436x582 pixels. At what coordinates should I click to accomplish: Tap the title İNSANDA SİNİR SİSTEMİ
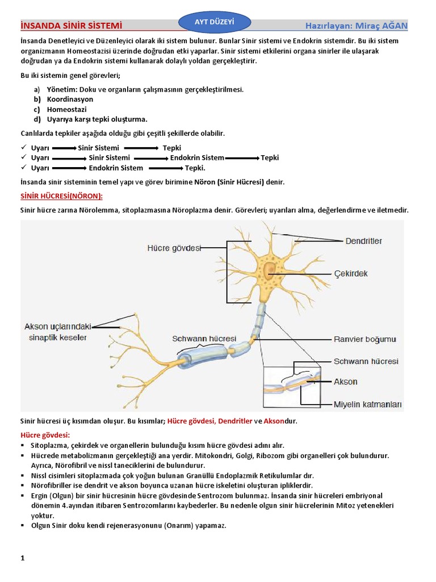point(70,26)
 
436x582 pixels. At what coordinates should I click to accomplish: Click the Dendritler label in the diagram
point(364,241)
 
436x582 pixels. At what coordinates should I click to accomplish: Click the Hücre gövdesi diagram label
point(174,248)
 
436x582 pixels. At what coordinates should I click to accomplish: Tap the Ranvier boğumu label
point(364,339)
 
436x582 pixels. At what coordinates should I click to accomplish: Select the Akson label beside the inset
point(345,382)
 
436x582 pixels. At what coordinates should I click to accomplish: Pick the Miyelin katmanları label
point(367,405)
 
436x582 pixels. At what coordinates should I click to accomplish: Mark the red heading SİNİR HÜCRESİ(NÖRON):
point(62,196)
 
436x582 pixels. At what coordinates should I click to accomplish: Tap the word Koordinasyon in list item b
point(70,99)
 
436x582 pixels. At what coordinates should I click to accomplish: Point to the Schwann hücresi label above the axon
point(204,339)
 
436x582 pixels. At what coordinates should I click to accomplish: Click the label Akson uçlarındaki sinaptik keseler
point(56,332)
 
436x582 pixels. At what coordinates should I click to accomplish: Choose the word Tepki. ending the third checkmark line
point(195,168)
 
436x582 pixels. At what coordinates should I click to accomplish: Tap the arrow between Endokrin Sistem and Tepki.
point(242,158)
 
